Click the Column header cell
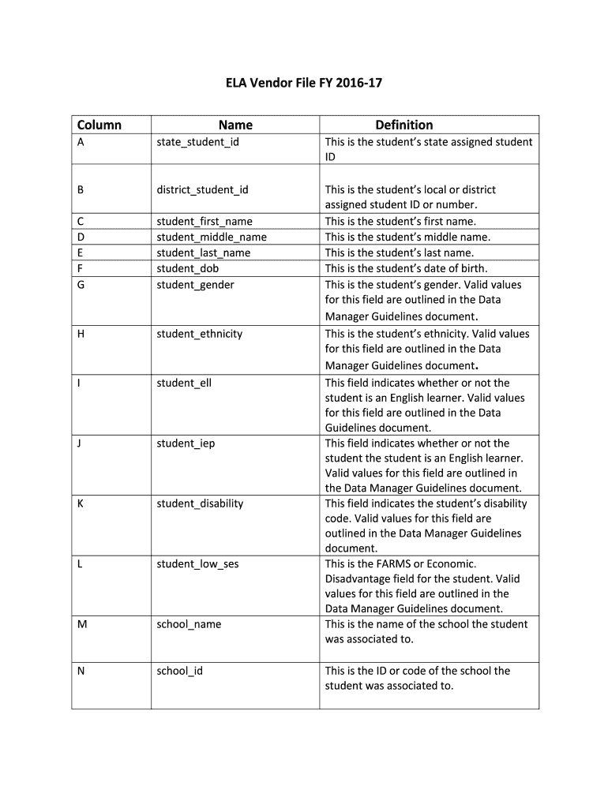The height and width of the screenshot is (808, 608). coord(99,125)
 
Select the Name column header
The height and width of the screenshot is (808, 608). coord(235,125)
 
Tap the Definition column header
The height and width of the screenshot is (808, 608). coord(403,125)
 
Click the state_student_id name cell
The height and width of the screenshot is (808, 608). coord(197,142)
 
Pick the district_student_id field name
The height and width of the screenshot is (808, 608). coord(202,190)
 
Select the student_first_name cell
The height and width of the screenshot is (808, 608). coord(205,222)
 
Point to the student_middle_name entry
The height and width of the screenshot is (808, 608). coord(212,238)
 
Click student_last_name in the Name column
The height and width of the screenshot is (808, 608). coord(203,253)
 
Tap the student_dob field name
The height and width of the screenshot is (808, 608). coord(187,269)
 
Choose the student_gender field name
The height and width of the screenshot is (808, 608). coord(195,285)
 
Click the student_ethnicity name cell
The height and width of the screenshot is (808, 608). coord(199,334)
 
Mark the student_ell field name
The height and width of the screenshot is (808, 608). coord(184,383)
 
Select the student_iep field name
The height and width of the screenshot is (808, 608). coord(186,443)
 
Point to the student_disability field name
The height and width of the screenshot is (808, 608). coord(200,503)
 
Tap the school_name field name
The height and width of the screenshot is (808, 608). coord(189,624)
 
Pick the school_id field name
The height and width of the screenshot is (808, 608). coord(179,671)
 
